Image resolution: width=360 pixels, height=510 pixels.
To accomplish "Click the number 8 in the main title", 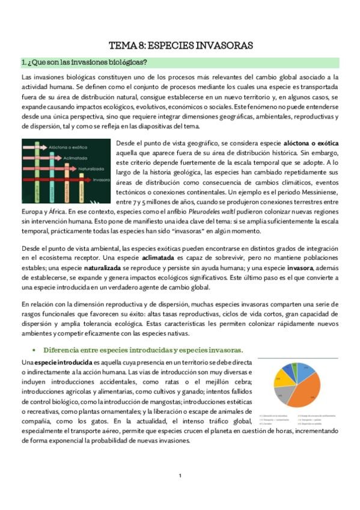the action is pyautogui.click(x=140, y=45).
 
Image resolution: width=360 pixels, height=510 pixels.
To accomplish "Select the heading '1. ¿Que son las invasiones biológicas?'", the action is pyautogui.click(x=84, y=62).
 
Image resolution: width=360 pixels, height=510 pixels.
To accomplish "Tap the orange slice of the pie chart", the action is pyautogui.click(x=307, y=387).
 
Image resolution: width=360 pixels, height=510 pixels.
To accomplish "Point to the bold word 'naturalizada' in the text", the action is pyautogui.click(x=91, y=268).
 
